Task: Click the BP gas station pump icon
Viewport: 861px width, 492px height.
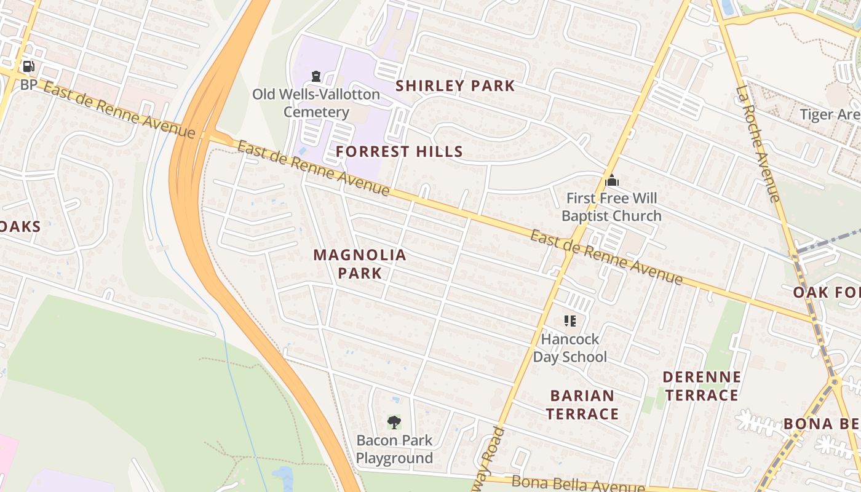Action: [x=28, y=66]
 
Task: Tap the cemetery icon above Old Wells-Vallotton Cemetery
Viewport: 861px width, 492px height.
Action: [x=316, y=76]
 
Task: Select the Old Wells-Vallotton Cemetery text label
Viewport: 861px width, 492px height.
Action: [x=316, y=103]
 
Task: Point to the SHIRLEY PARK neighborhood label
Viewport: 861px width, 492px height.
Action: [x=455, y=86]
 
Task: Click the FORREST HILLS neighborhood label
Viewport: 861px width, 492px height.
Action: [x=399, y=151]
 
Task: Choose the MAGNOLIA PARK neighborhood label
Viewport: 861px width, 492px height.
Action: [x=360, y=264]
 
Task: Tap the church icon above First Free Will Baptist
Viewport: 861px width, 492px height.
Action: [x=611, y=181]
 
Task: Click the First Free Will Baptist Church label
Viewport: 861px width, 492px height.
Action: [x=611, y=207]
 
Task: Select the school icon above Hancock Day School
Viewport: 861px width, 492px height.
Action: [x=569, y=320]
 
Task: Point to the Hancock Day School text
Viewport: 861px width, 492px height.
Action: [x=569, y=348]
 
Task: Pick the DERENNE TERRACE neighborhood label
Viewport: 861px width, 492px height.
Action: [x=702, y=386]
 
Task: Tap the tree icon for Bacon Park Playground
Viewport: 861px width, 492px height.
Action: [x=394, y=423]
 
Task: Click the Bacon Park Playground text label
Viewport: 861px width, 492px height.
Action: [x=394, y=450]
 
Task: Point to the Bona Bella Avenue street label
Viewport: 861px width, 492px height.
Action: [x=577, y=484]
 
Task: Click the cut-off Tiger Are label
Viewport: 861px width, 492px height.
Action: [x=830, y=114]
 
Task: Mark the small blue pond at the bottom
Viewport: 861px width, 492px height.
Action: [x=282, y=477]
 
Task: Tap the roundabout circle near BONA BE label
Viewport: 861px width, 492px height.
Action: [x=834, y=381]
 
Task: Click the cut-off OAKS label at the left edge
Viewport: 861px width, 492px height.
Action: [x=20, y=226]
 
